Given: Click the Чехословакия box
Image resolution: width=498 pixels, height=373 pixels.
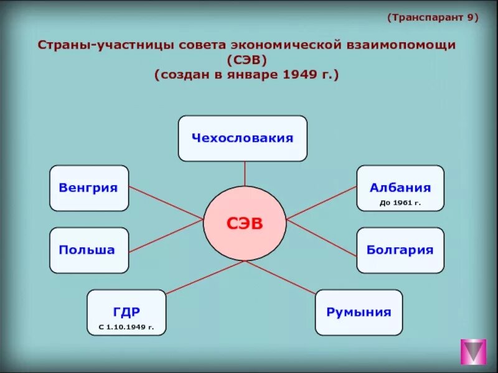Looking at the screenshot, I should tap(242, 138).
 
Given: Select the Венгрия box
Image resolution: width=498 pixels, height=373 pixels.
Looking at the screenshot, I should tap(88, 188).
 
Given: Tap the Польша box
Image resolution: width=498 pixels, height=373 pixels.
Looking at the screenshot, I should tap(88, 250).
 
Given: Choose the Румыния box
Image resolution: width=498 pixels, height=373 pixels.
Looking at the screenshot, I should tap(359, 312).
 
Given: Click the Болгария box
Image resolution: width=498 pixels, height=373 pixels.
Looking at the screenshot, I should tap(400, 250).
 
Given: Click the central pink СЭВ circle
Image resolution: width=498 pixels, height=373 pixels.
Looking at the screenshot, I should tap(244, 224).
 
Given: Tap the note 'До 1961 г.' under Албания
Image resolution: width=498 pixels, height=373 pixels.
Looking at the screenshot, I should tap(400, 203).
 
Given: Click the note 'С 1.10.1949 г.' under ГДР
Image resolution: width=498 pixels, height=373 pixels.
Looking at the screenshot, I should tap(126, 326).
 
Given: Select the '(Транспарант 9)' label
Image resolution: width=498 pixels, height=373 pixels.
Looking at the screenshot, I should tap(433, 17).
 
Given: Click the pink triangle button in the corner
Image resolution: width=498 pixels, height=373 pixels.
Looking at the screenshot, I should tap(473, 351).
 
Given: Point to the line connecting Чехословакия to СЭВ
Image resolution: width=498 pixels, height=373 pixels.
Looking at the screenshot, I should tap(245, 173).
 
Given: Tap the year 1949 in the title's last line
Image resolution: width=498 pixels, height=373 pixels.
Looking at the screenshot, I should tap(300, 75).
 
